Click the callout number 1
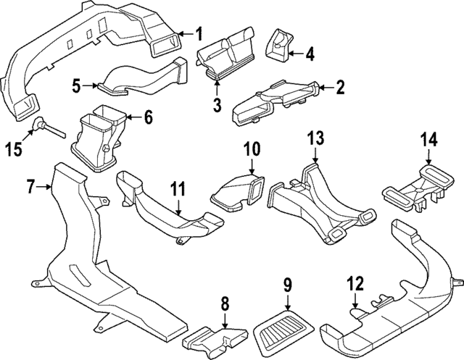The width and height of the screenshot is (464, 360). [x=201, y=33]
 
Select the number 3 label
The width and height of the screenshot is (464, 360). [x=217, y=106]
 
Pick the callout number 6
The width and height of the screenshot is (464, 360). [x=148, y=116]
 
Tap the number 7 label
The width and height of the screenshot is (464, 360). [x=31, y=188]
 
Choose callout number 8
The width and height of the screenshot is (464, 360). [x=225, y=302]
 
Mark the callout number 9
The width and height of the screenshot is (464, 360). [x=288, y=284]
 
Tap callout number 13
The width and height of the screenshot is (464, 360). [x=315, y=138]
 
